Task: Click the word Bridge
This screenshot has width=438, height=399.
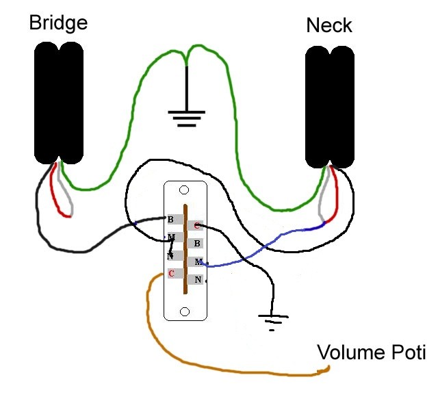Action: (58, 23)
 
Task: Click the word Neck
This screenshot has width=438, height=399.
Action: (328, 26)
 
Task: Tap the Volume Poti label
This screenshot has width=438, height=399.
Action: (371, 353)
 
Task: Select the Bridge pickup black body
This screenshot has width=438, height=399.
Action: (60, 102)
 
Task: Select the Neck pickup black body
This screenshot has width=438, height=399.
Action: (330, 107)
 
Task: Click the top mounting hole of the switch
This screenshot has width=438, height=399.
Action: (184, 190)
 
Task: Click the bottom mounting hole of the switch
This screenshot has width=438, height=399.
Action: (184, 311)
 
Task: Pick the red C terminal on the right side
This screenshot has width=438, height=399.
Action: (197, 225)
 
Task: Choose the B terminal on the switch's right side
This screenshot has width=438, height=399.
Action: (197, 243)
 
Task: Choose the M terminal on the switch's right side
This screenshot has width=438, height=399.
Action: (197, 261)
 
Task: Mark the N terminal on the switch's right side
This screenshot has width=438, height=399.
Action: (197, 279)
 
